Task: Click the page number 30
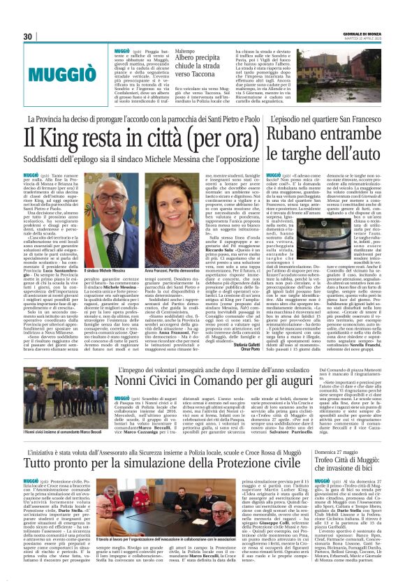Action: [29, 37]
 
